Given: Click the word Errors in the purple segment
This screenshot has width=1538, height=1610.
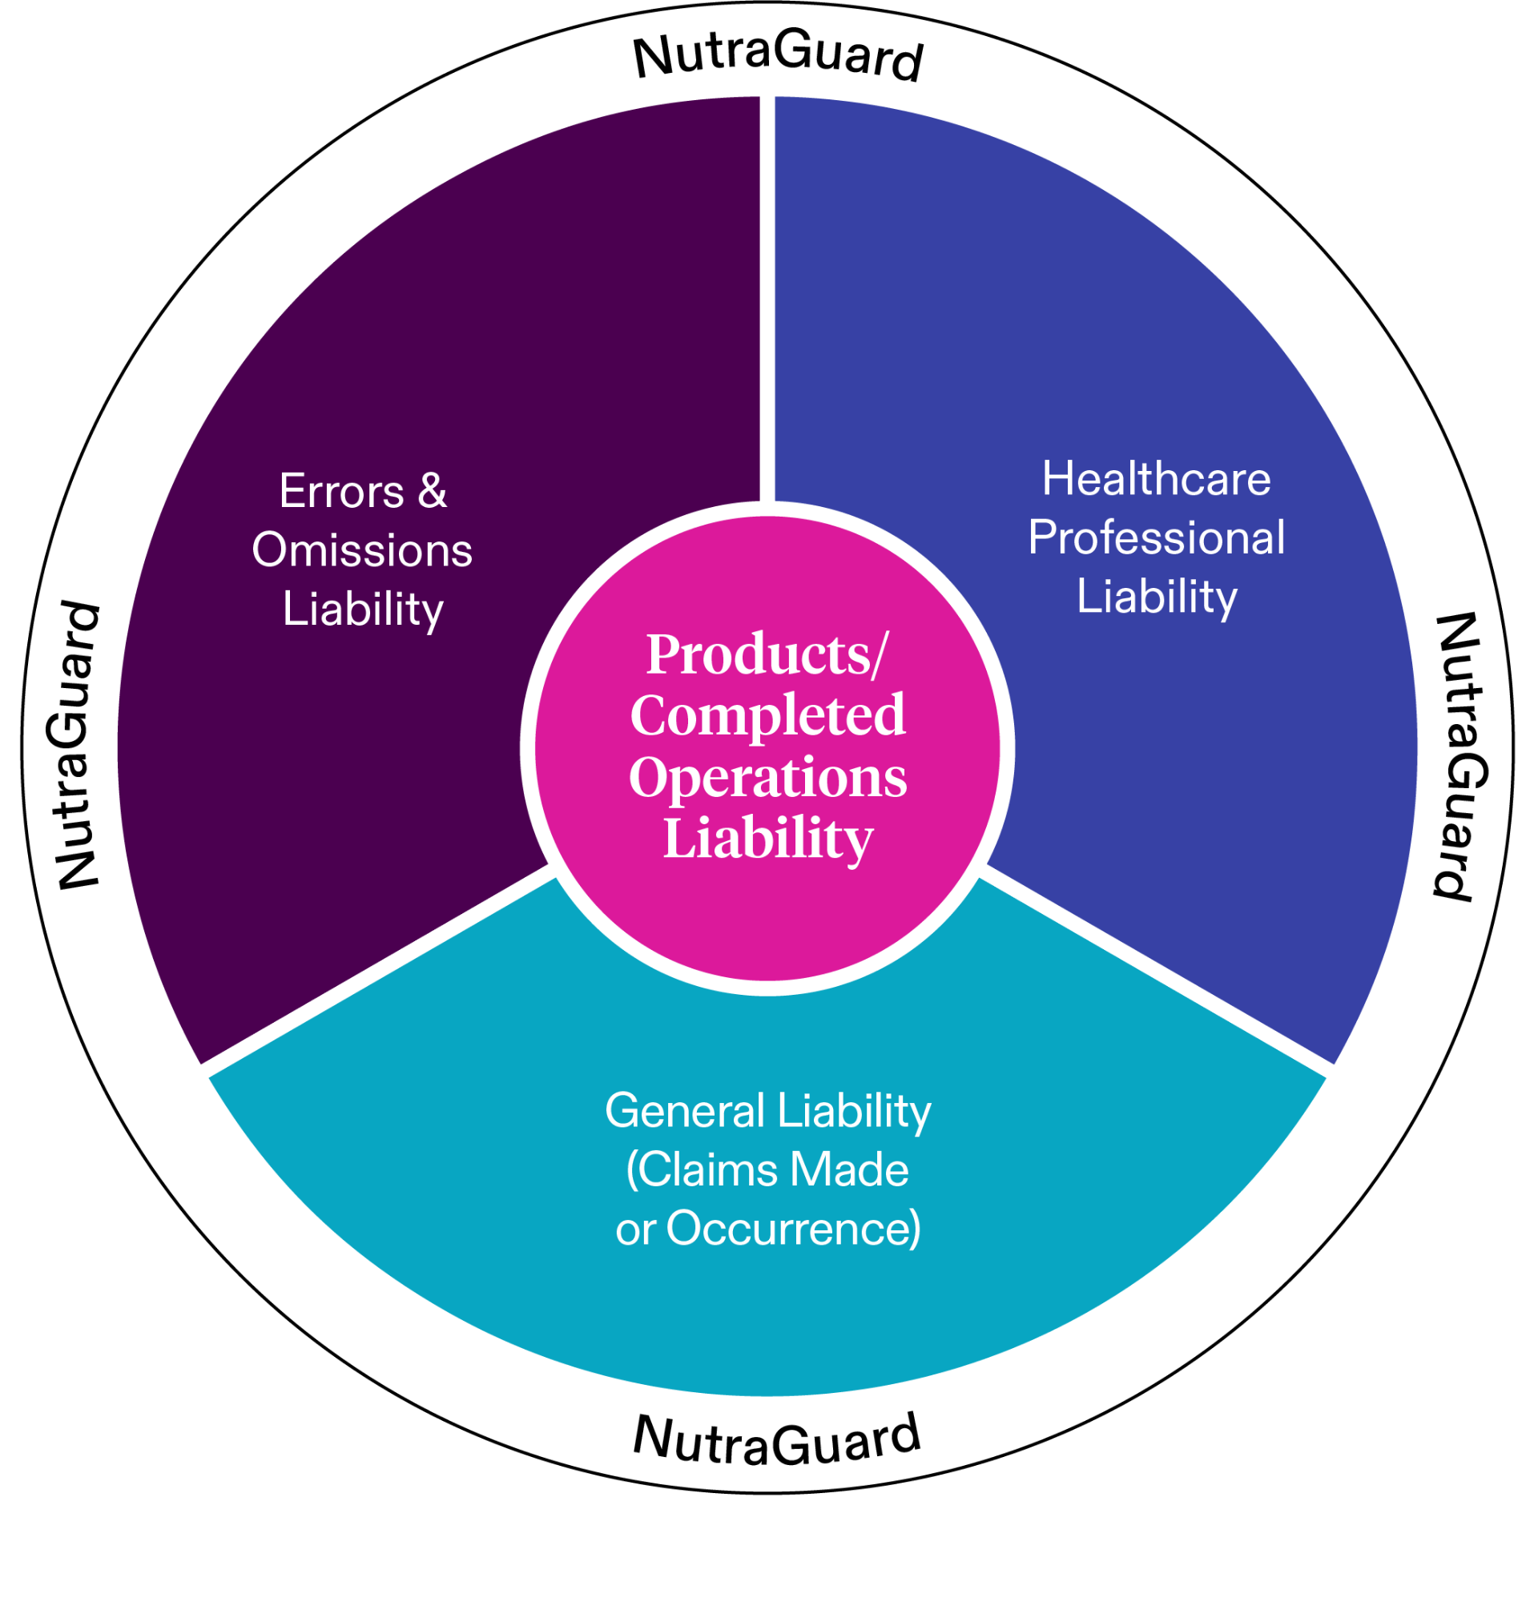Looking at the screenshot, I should (341, 492).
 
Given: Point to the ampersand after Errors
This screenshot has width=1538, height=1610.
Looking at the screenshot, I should (432, 492).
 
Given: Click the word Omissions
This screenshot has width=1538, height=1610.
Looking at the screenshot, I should (361, 550).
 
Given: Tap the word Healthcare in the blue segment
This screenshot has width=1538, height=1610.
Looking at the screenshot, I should (1156, 479).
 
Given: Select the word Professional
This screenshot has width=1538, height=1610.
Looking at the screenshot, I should (1156, 537).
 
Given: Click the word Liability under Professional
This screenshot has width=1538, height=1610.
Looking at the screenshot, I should (1156, 597).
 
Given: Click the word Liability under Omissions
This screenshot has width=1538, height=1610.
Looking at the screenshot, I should (362, 610).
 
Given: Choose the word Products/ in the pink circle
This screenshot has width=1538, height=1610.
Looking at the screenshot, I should (767, 655).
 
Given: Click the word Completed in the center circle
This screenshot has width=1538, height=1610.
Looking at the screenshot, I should (767, 715).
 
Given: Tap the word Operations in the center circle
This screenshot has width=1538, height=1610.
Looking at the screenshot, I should (767, 777).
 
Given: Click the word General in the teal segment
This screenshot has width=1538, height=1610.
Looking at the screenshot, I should (685, 1112).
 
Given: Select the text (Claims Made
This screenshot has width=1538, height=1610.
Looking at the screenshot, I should (767, 1170).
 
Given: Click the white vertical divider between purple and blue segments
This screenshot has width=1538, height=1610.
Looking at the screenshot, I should (767, 295).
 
